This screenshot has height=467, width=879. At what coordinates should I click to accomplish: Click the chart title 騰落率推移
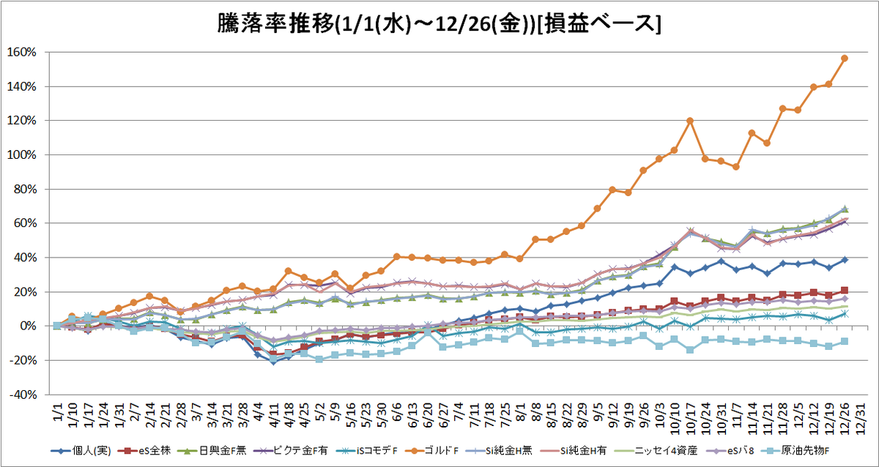(x=275, y=24)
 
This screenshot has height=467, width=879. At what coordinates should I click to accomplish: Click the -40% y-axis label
(x=23, y=395)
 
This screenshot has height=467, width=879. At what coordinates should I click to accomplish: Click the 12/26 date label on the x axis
(x=845, y=419)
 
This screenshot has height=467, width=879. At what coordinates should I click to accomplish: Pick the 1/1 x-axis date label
(x=57, y=412)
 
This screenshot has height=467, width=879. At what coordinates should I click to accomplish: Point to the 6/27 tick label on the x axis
(x=443, y=416)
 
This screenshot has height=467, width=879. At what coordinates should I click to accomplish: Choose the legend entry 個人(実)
(x=81, y=451)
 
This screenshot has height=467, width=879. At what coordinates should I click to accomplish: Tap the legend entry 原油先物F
(x=795, y=451)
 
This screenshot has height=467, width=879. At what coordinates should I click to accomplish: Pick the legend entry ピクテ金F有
(x=291, y=451)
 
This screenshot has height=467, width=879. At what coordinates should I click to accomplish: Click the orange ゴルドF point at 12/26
(x=845, y=59)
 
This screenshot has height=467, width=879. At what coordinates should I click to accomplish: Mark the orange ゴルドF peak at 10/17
(x=690, y=121)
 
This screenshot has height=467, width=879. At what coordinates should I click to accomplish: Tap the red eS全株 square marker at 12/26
(x=845, y=291)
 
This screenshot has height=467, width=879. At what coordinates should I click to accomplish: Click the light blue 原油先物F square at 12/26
(x=845, y=342)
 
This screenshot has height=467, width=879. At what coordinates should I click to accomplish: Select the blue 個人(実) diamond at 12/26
(x=845, y=260)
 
